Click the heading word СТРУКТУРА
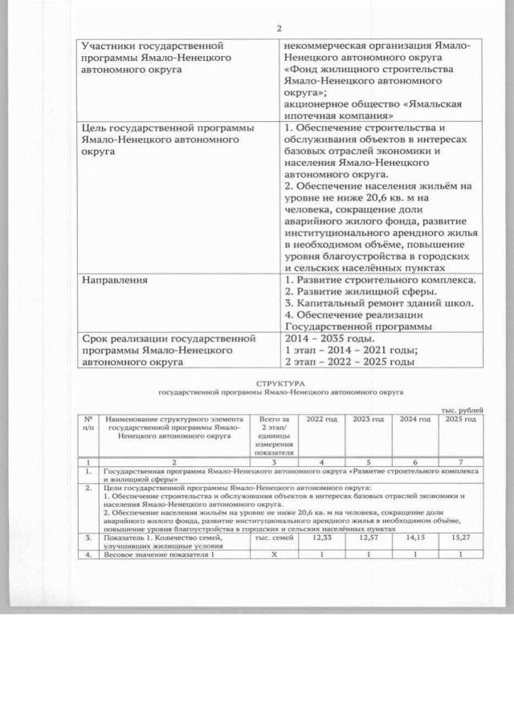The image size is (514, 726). pyautogui.click(x=279, y=385)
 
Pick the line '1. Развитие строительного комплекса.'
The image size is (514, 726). pyautogui.click(x=380, y=280)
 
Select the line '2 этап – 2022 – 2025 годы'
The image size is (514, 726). pyautogui.click(x=349, y=362)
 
